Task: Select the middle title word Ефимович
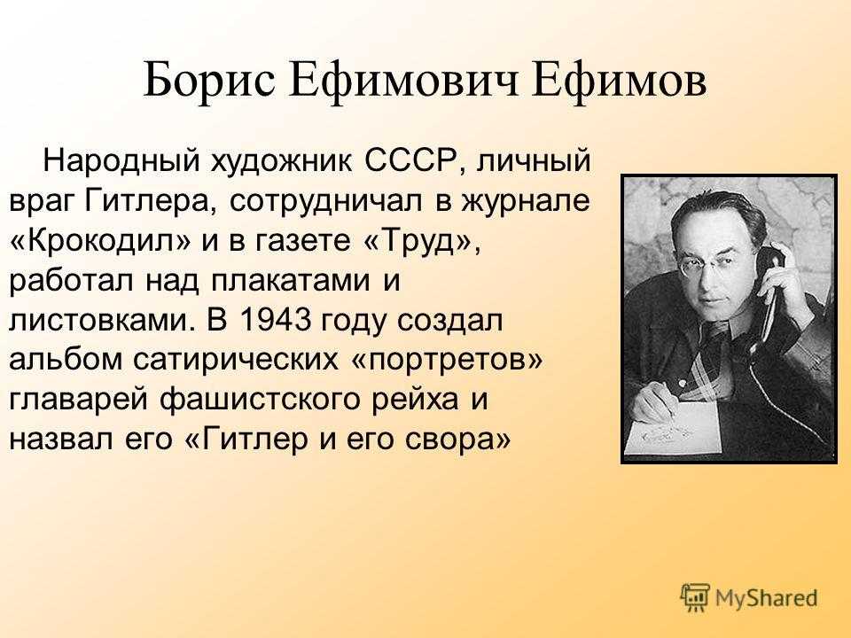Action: pos(404,81)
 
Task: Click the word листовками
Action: pos(101,320)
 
